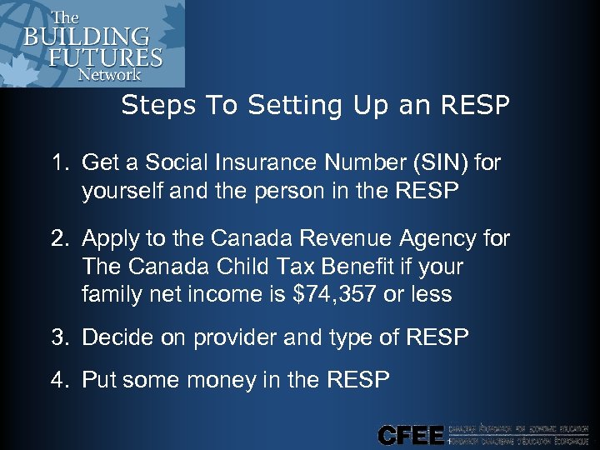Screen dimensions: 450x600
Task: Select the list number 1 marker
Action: [x=62, y=162]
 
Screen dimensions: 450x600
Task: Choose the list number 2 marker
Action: [x=62, y=239]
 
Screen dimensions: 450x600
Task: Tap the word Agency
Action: [x=442, y=240]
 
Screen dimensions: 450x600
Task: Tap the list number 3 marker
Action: [x=62, y=337]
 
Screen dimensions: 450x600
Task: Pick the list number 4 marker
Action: [x=62, y=381]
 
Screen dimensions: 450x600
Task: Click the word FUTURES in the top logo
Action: [x=117, y=57]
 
